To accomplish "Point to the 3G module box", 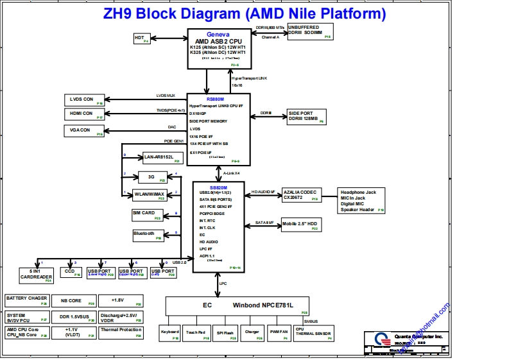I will pyautogui.click(x=152, y=177).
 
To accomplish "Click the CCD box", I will pyautogui.click(x=71, y=272).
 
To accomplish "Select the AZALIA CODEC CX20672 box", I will pyautogui.click(x=301, y=195).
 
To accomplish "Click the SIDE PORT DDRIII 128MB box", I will pyautogui.click(x=306, y=116).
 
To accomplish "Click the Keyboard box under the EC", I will pyautogui.click(x=170, y=333).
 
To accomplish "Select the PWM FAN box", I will pyautogui.click(x=279, y=333).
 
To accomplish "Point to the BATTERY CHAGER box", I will pyautogui.click(x=27, y=300).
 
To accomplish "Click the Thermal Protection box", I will pyautogui.click(x=121, y=332).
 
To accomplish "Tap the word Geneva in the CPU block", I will pyautogui.click(x=218, y=34).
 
